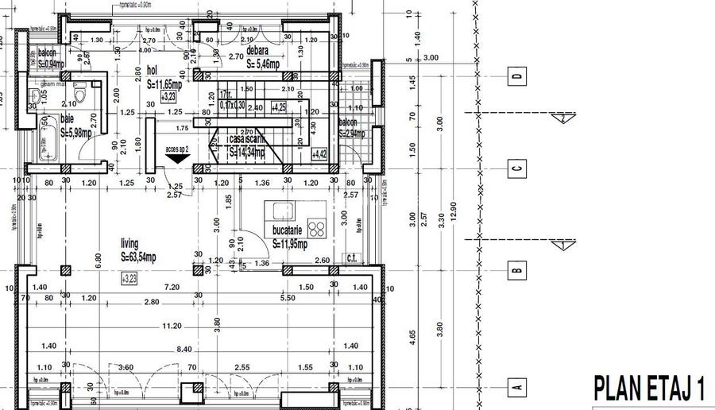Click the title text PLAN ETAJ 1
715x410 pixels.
650,389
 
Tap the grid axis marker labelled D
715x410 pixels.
517,77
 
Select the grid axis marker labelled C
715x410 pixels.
517,168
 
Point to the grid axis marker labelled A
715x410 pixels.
517,388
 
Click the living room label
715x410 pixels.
129,244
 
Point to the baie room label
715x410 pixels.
67,118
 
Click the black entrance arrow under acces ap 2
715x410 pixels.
177,157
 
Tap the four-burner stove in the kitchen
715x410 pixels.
317,229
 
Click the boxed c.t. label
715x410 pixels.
351,257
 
